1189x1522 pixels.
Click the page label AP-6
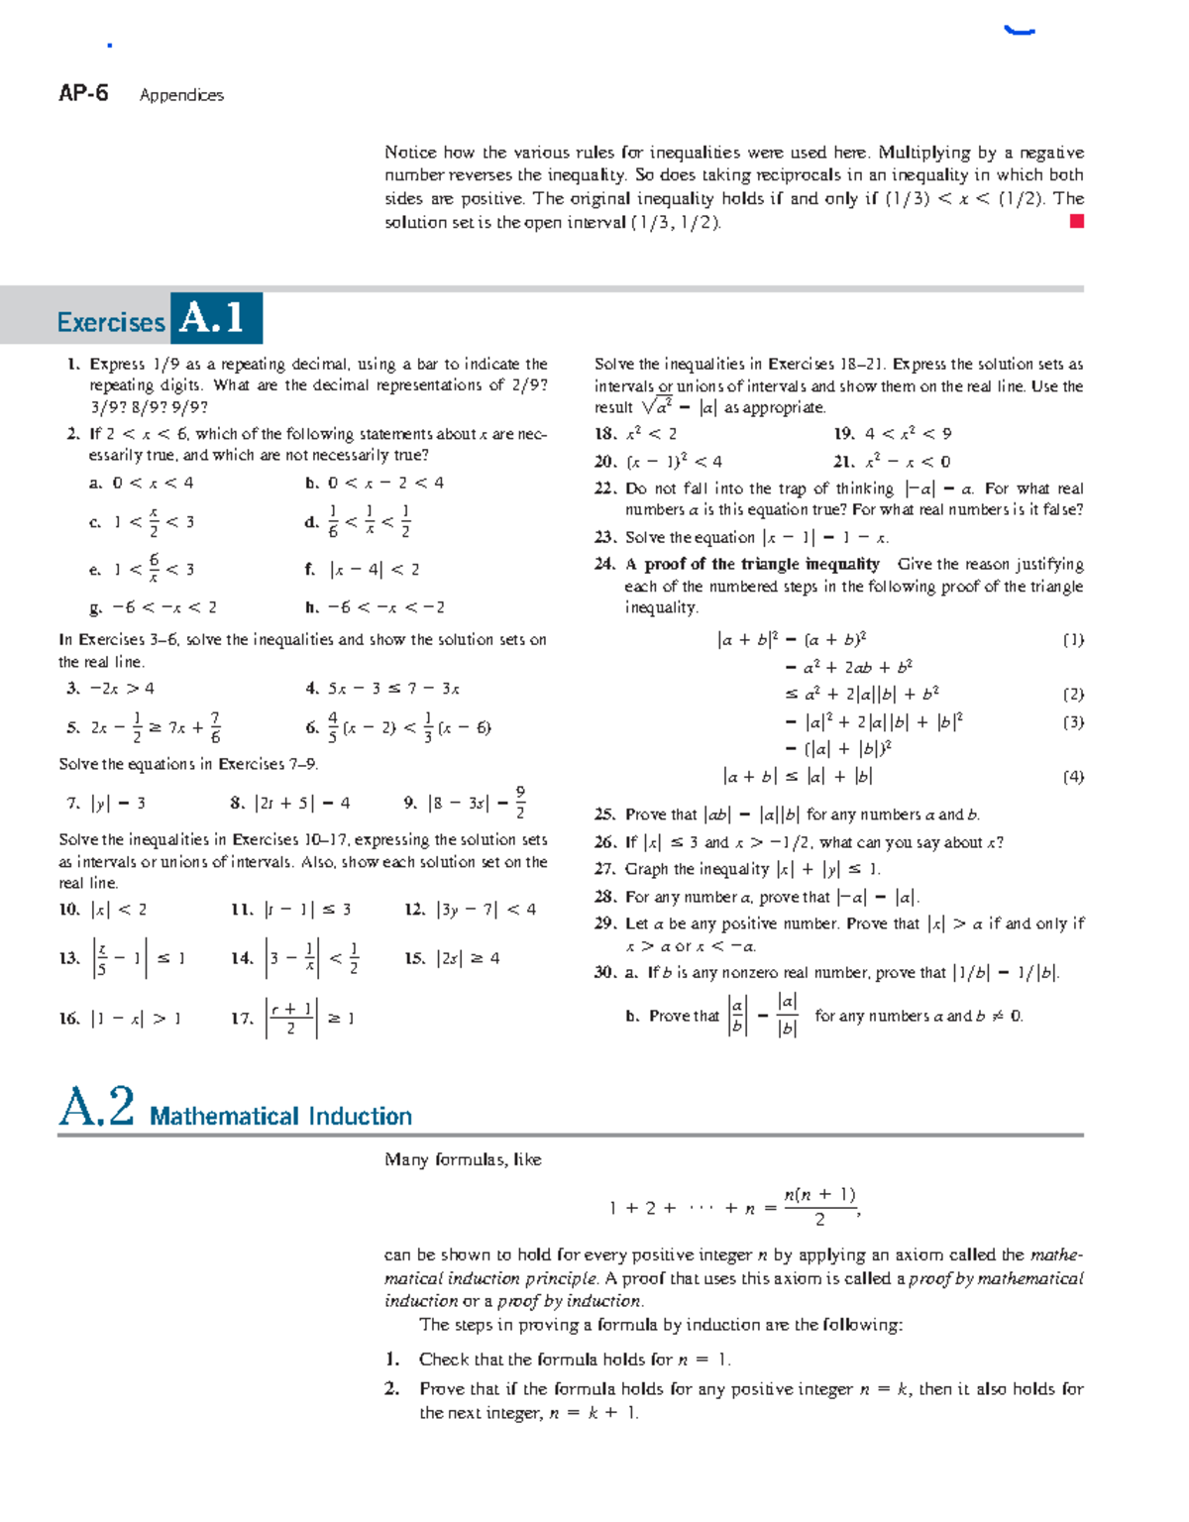click(83, 93)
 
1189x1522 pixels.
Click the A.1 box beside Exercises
click(215, 318)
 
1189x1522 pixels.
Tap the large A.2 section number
click(96, 1107)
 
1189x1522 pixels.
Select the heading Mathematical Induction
click(280, 1117)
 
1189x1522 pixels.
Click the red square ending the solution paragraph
click(1077, 222)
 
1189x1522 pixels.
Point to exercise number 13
click(68, 958)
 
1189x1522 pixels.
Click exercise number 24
click(604, 565)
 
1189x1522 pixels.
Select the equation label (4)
click(1073, 777)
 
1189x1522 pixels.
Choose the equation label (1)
click(1073, 640)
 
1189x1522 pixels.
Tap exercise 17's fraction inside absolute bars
click(290, 1018)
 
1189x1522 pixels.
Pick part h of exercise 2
click(312, 607)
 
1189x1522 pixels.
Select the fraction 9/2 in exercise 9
click(520, 802)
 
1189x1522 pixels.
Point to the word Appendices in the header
click(181, 95)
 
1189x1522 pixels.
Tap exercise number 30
click(604, 973)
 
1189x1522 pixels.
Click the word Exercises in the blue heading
click(111, 323)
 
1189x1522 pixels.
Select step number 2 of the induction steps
click(392, 1389)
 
